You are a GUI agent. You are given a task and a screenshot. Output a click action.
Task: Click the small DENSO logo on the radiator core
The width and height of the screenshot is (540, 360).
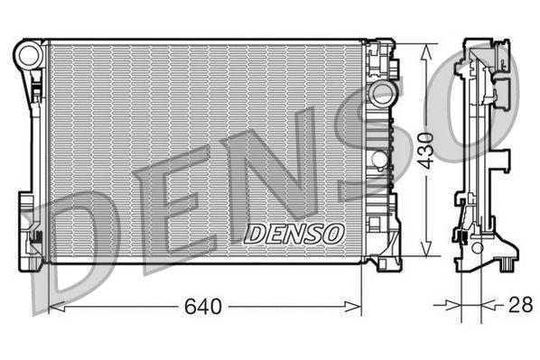point(294,233)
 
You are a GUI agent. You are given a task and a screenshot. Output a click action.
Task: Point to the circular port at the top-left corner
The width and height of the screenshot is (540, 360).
point(29,56)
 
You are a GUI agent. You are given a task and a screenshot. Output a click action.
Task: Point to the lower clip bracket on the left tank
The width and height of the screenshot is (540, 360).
point(37,240)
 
